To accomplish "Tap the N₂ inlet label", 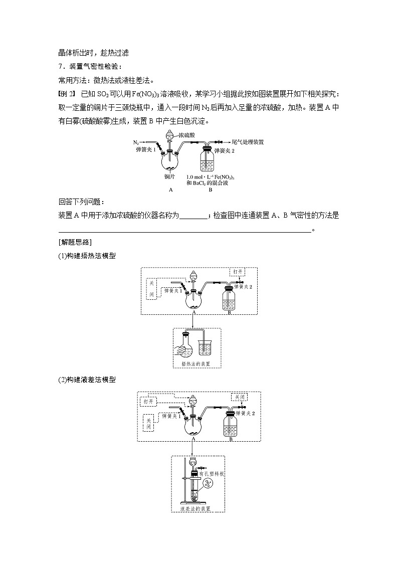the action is (136, 142).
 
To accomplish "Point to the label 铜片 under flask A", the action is (169, 176).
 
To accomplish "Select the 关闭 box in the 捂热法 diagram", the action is (152, 289).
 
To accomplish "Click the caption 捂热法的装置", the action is (196, 364).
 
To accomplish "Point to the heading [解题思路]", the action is (74, 242).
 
